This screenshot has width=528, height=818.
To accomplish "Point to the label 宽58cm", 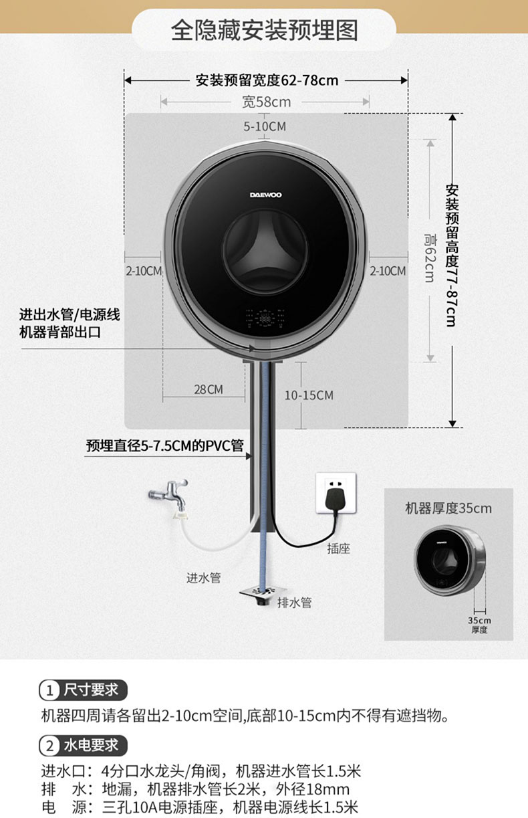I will point(266,102).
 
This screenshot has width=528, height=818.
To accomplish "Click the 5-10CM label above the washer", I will point(265,126).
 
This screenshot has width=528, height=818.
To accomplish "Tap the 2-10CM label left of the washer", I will point(144,271).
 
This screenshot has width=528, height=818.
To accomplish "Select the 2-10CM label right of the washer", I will point(388,271).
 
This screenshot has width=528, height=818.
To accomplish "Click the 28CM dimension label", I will point(209,389).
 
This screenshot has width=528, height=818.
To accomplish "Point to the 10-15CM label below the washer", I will point(309,395).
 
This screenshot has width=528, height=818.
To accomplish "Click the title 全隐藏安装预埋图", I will point(265,30).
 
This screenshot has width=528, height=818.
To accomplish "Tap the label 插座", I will point(339,548).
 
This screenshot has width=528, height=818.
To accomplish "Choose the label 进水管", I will point(203,577).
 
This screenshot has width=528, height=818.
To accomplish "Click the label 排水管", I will point(294,603).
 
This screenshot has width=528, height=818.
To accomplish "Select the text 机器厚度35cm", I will point(448,508).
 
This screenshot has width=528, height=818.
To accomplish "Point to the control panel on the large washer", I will point(265,319).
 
